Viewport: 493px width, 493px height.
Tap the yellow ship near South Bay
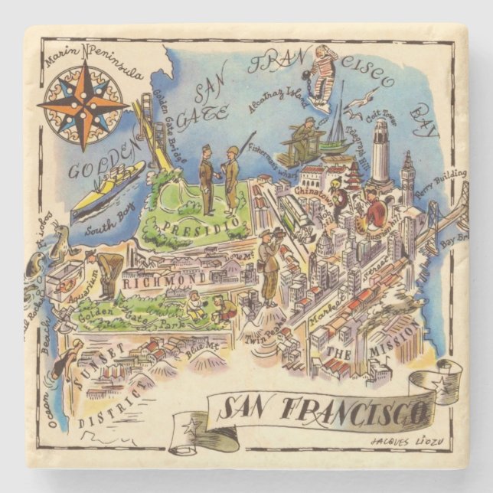point(107,188)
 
